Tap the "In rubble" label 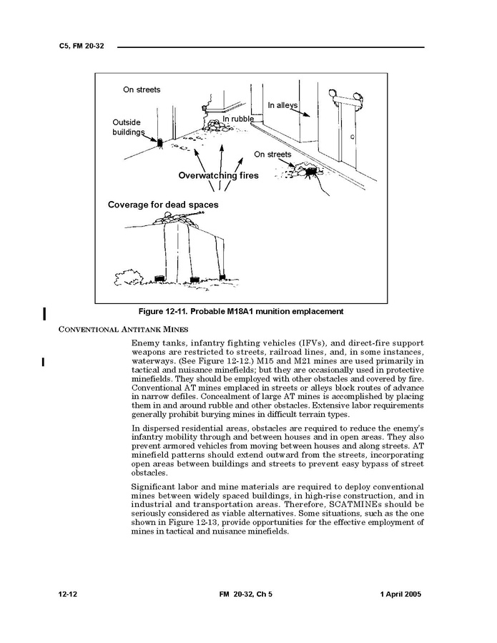pos(237,119)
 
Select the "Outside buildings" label pos(127,127)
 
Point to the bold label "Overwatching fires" pos(218,175)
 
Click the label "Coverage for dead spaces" pos(163,205)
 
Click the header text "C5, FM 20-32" pos(83,47)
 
